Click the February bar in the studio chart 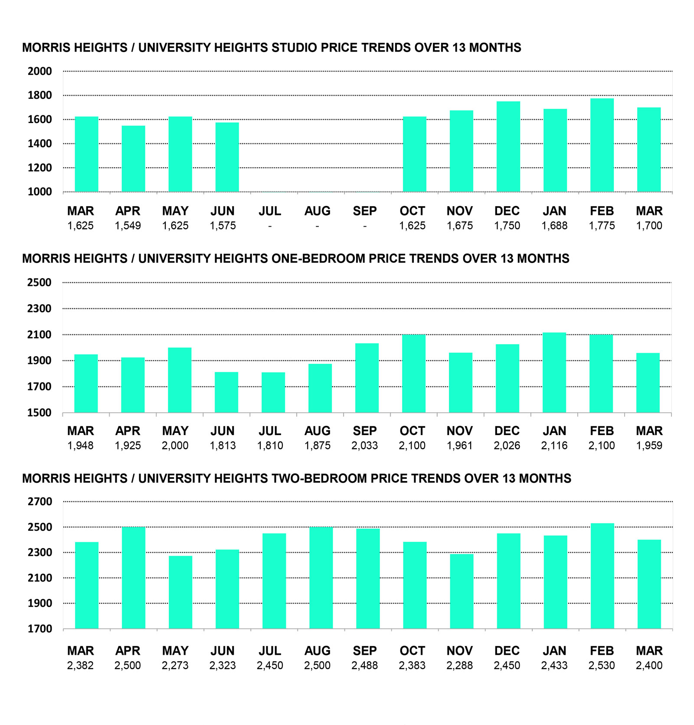coord(602,145)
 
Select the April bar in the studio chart coord(133,159)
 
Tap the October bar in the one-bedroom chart coord(413,374)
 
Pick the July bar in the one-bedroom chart coord(273,392)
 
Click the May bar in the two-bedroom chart coord(180,592)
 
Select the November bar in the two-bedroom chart coord(462,591)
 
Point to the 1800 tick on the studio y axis coord(39,95)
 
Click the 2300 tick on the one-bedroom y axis coord(39,309)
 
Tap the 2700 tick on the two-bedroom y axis coord(39,502)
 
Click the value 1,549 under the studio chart coord(128,226)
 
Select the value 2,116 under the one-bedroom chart coord(554,445)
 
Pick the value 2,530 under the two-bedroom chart coord(601,665)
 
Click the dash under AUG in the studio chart coord(317,226)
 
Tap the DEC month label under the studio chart coord(507,211)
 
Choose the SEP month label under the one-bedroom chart coord(364,431)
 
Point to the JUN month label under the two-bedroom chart coord(222,650)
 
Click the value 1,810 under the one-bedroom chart coord(270,445)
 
